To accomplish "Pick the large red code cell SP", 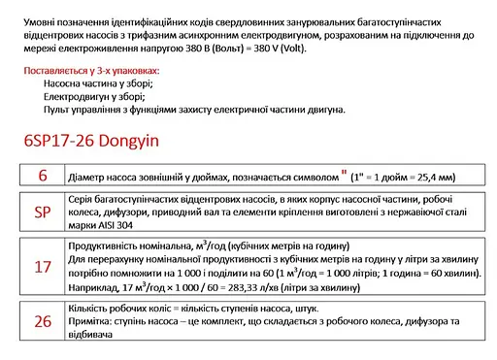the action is click(42, 212).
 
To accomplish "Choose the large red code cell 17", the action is click(42, 263).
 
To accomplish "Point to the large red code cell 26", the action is click(42, 321).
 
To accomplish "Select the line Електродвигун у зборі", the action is click(94, 97).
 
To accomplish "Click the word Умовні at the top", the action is click(39, 16).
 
